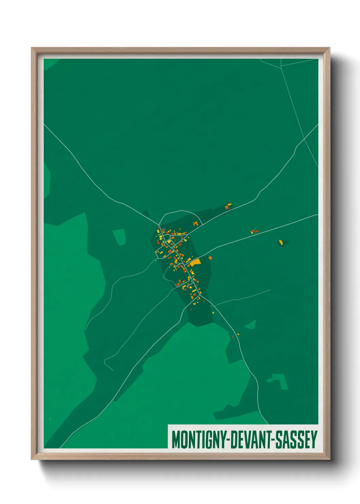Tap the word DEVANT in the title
click(249, 440)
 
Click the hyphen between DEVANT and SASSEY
click(272, 440)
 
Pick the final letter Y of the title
click(314, 440)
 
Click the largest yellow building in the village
click(195, 262)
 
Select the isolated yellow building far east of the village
click(281, 242)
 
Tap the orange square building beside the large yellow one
click(210, 258)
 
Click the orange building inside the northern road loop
click(195, 224)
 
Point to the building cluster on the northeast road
click(228, 206)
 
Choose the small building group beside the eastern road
click(255, 231)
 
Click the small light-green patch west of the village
click(119, 237)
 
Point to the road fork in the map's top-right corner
click(281, 66)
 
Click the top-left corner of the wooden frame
click(33, 49)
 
